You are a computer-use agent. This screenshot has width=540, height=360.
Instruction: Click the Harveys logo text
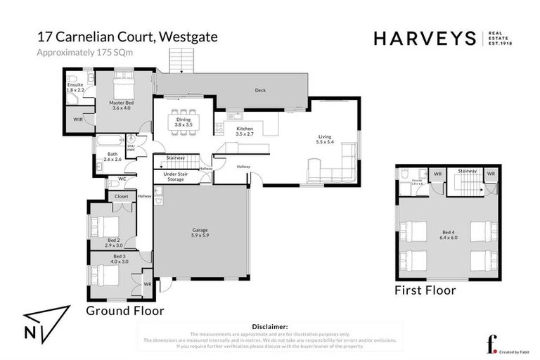[x=424, y=38]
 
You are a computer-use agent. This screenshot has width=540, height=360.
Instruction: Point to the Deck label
[x=260, y=91]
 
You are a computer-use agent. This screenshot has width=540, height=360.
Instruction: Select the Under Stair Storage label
[x=174, y=176]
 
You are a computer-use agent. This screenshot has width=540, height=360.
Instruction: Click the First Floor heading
[x=425, y=290]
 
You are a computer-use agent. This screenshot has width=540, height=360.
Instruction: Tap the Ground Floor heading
[x=124, y=309]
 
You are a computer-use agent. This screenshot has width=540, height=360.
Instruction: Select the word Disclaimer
[x=269, y=327]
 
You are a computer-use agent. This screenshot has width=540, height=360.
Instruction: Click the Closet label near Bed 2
[x=122, y=197]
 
